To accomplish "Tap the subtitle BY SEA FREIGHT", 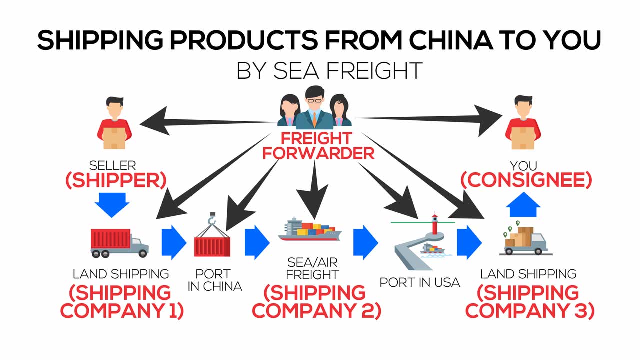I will (329, 71).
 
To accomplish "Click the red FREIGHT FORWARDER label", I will (318, 145).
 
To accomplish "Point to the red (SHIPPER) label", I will (115, 181).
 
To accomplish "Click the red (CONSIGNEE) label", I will (526, 181).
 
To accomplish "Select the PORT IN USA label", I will (419, 282).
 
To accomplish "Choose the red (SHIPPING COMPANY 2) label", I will (316, 301).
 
